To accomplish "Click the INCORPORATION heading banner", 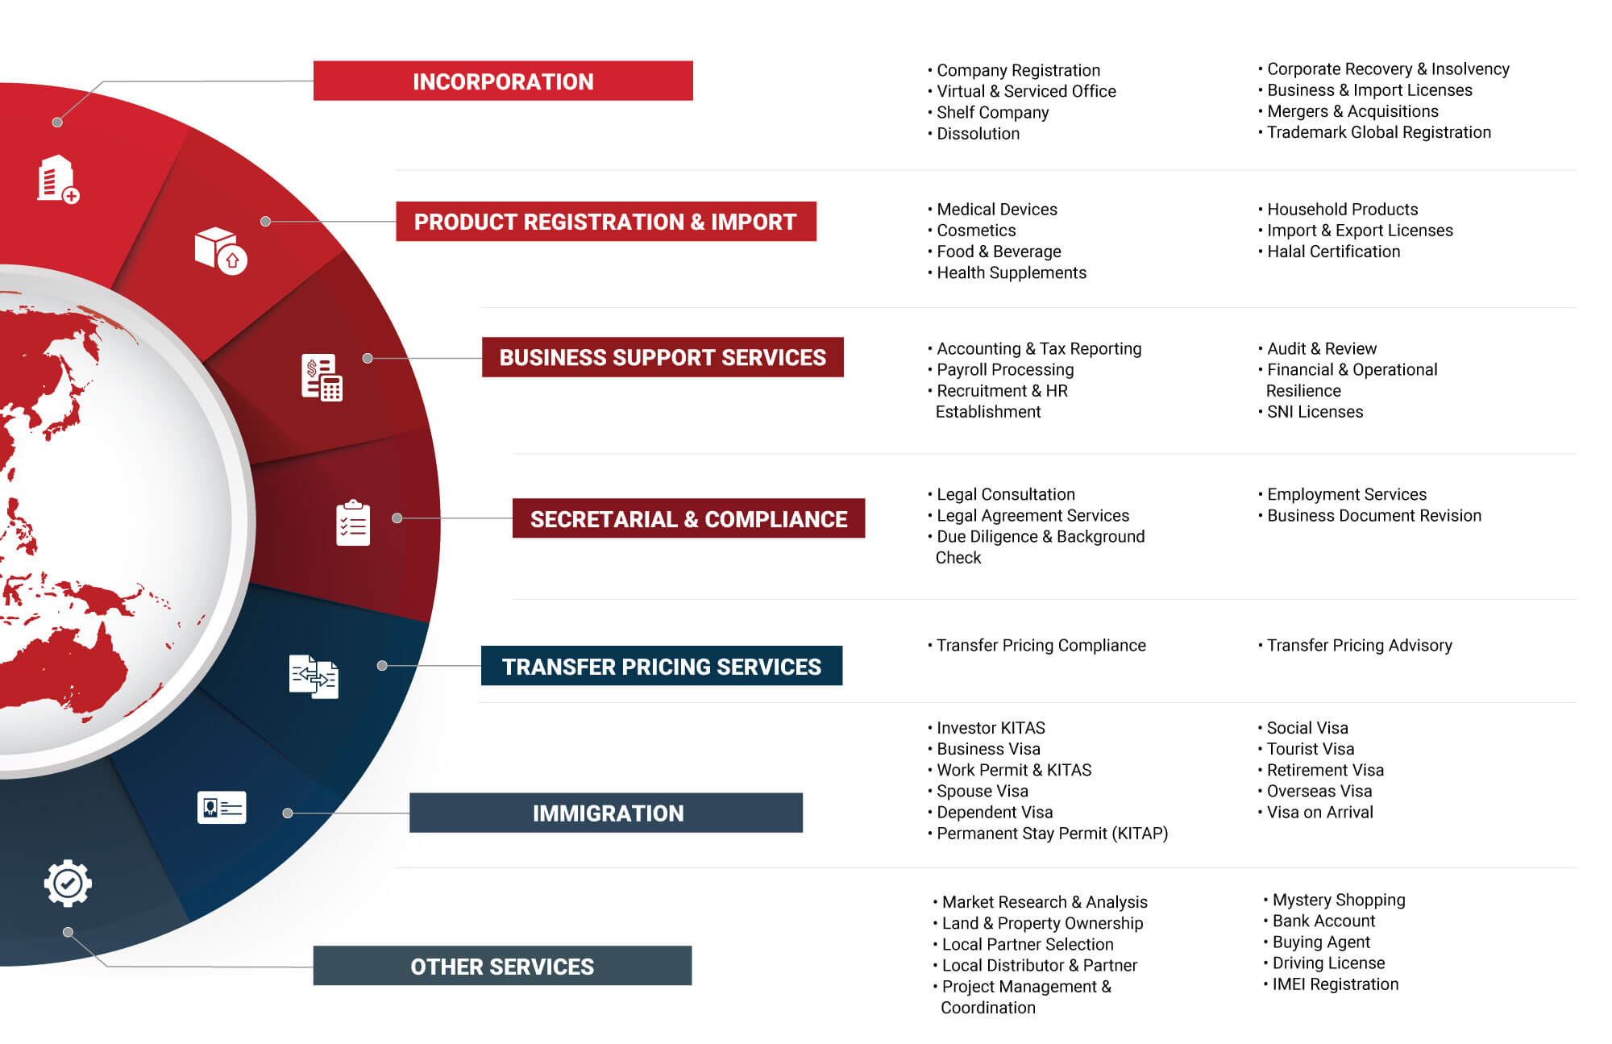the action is pyautogui.click(x=503, y=81).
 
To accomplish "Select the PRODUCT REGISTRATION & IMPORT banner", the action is pyautogui.click(x=606, y=222).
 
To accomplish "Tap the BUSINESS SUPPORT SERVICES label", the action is pyautogui.click(x=663, y=357).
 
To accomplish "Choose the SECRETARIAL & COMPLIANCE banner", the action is pyautogui.click(x=688, y=518).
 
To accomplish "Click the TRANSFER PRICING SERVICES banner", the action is pyautogui.click(x=662, y=666).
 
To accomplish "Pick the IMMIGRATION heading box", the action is pyautogui.click(x=606, y=813).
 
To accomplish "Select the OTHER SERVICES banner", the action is pyautogui.click(x=502, y=966).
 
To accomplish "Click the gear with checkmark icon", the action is pyautogui.click(x=68, y=884).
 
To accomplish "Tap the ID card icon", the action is pyautogui.click(x=222, y=807).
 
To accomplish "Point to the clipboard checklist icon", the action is pyautogui.click(x=353, y=523).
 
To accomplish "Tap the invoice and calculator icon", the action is pyautogui.click(x=322, y=377).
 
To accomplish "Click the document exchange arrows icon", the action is pyautogui.click(x=314, y=676).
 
